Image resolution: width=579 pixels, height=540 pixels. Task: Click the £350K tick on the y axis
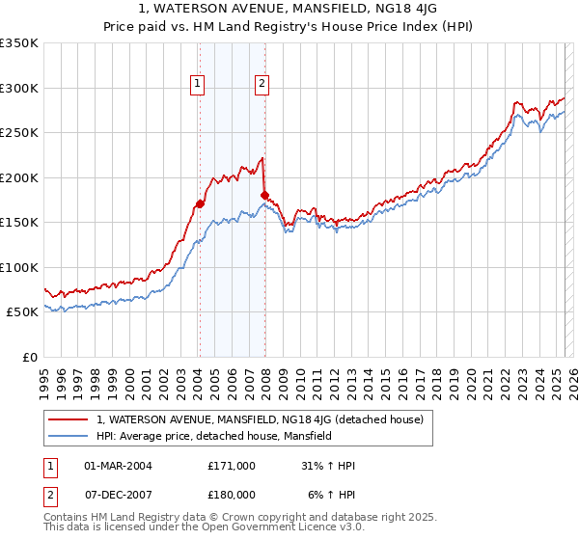coord(19,43)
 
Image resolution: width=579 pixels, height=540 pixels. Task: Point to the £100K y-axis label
coord(19,267)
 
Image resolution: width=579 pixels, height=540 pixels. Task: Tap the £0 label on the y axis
coord(29,357)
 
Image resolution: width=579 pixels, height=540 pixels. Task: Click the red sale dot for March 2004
coord(200,203)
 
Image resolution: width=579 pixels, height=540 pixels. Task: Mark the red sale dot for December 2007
coord(264,195)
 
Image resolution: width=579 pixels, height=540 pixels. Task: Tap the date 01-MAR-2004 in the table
coord(118,466)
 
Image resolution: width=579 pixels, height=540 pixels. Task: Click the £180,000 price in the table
coord(232,494)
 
